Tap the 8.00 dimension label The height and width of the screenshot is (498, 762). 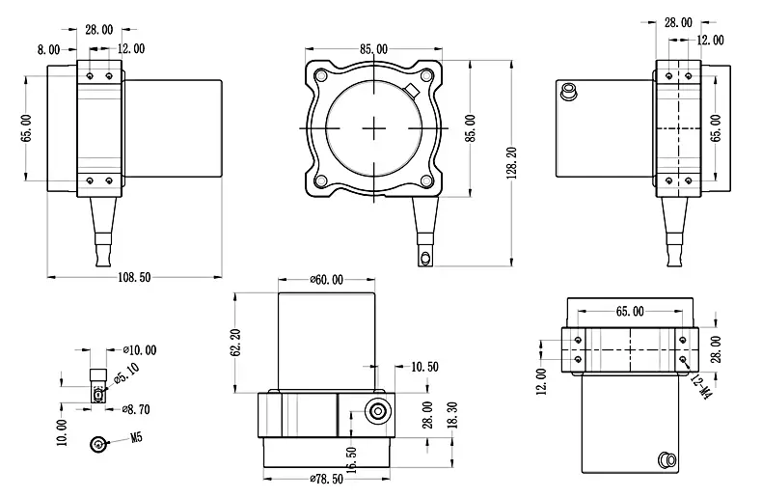48,49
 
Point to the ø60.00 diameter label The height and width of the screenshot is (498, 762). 326,280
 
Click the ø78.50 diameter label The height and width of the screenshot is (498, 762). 326,478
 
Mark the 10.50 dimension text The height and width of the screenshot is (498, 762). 424,367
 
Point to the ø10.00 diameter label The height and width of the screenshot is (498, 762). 140,349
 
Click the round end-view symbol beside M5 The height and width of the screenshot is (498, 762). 98,444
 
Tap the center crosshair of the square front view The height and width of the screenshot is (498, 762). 375,128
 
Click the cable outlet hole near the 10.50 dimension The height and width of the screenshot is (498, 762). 376,412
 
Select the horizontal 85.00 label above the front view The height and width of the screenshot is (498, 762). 373,49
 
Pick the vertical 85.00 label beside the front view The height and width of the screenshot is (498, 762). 470,129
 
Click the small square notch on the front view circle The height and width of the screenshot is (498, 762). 410,93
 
